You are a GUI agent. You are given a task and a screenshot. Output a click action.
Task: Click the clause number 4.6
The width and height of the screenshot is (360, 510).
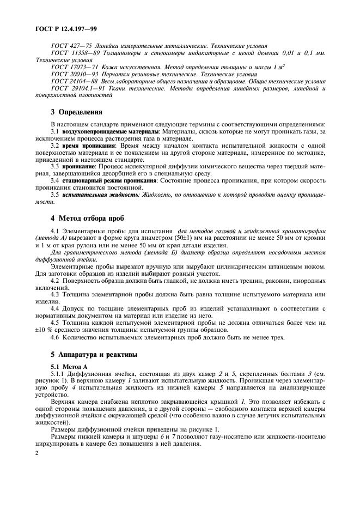point(55,338)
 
